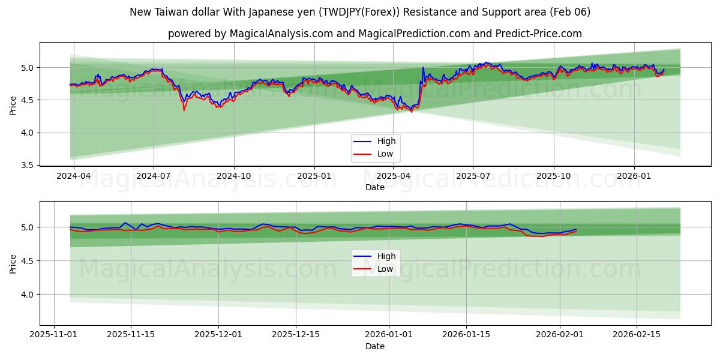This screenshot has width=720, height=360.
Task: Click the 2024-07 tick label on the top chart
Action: (x=154, y=175)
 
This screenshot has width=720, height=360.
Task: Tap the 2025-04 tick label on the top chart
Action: (x=393, y=175)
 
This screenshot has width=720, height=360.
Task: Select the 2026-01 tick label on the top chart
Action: (x=634, y=175)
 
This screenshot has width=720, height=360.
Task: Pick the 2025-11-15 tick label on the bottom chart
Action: (x=131, y=334)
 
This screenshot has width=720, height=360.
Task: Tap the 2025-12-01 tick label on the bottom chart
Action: (x=218, y=334)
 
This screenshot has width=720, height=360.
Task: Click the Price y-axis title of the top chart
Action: (x=13, y=104)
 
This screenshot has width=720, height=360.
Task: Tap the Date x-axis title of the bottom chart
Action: (x=375, y=346)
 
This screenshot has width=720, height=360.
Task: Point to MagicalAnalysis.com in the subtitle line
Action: (x=281, y=34)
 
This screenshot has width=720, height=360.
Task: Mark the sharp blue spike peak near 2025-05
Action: (x=423, y=67)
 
